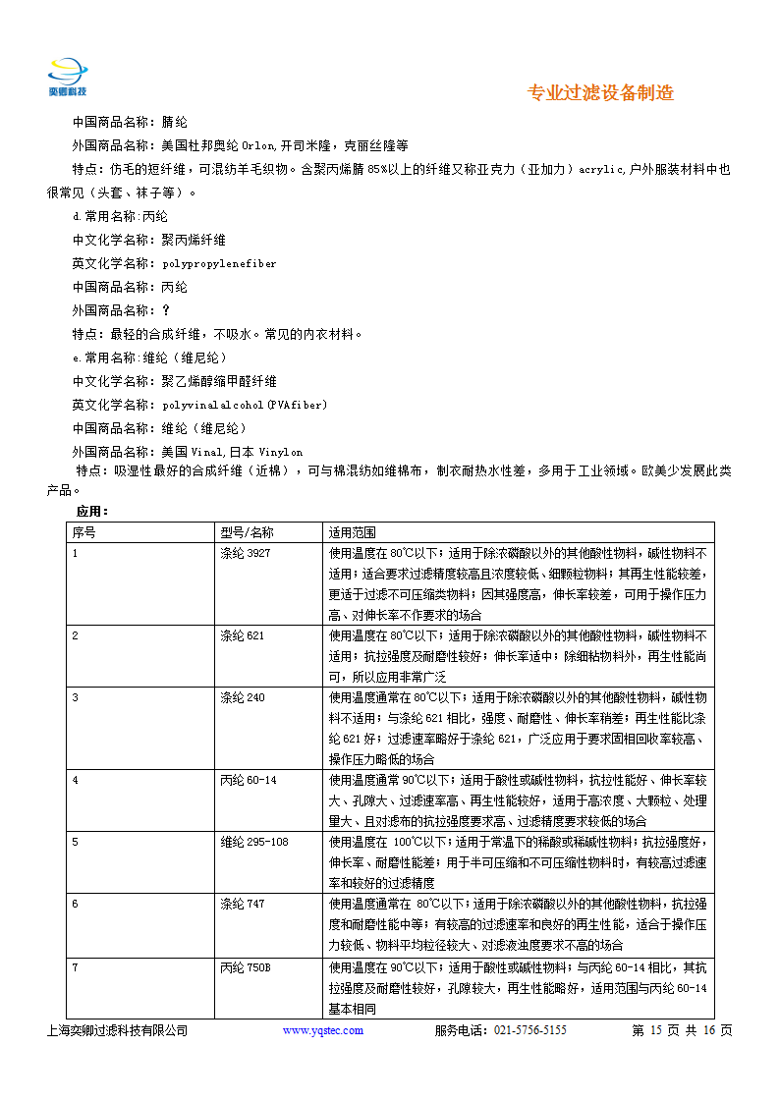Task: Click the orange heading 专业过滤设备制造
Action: coord(600,93)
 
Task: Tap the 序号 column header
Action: coord(84,532)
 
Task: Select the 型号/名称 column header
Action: coord(247,532)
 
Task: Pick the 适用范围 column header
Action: coord(353,532)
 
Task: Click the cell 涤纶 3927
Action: coord(245,553)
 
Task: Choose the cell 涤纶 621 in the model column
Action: coord(242,635)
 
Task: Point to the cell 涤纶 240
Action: coord(242,697)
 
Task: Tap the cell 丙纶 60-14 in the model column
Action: coord(249,780)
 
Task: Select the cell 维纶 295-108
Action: coord(254,842)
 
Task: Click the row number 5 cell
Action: coord(76,842)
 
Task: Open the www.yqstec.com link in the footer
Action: coord(322,1030)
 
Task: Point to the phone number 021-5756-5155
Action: coord(529,1030)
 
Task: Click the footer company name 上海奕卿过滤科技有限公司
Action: coord(117,1030)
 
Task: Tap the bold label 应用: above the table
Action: coord(92,512)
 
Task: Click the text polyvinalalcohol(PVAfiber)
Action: coord(245,405)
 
